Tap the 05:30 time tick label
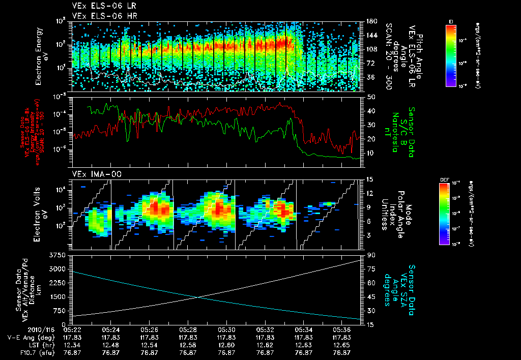coord(226,329)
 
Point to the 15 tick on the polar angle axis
coord(369,179)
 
